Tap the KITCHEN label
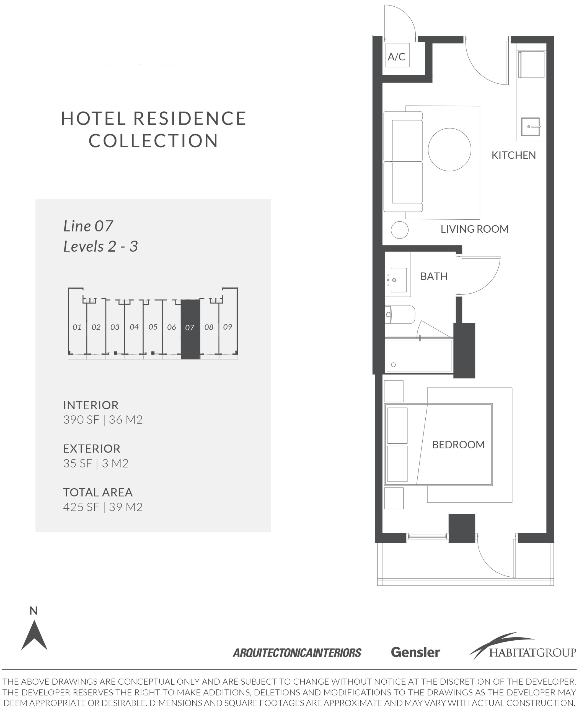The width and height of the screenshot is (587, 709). click(x=513, y=155)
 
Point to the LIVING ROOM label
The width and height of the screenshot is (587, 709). click(x=474, y=229)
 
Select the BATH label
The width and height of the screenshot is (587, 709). click(x=434, y=276)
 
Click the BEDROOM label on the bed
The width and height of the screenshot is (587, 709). click(x=458, y=445)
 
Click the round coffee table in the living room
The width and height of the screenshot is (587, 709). click(x=449, y=150)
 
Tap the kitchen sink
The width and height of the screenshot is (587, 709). click(x=530, y=127)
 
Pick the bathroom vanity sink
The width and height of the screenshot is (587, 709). click(x=398, y=280)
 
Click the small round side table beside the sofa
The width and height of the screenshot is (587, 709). click(x=399, y=230)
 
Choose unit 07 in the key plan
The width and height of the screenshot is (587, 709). click(x=190, y=330)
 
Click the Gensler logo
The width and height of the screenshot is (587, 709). click(x=415, y=652)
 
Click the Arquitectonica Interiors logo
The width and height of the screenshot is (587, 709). click(x=297, y=653)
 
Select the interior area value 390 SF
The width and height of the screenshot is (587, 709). click(x=81, y=420)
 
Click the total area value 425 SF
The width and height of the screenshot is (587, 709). click(x=81, y=507)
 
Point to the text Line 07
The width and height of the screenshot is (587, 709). click(x=88, y=226)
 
